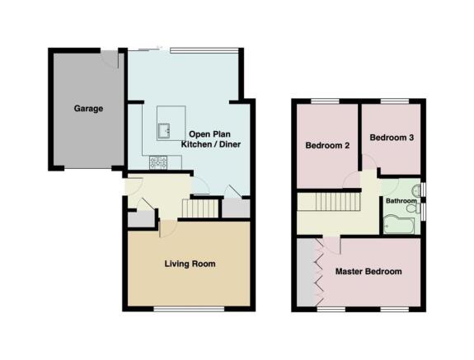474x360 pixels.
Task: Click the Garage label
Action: [88, 109]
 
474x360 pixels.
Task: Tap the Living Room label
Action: [190, 264]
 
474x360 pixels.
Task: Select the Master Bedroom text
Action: [368, 272]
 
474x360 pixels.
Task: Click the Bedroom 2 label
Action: [327, 146]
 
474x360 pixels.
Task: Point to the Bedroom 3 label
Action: [392, 138]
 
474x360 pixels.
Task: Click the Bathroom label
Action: [401, 201]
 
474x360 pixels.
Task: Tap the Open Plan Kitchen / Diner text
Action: [211, 139]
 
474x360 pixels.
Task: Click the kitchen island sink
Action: [164, 130]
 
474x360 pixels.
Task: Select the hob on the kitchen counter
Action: [158, 162]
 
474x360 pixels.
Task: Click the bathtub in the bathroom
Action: [399, 224]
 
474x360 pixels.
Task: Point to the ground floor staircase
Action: [200, 208]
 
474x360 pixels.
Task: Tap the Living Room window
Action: [189, 309]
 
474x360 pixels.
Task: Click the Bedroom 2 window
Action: [326, 101]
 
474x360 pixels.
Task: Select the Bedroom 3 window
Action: [395, 101]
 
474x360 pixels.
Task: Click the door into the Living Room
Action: [168, 229]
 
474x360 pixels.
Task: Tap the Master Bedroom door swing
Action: [332, 245]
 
